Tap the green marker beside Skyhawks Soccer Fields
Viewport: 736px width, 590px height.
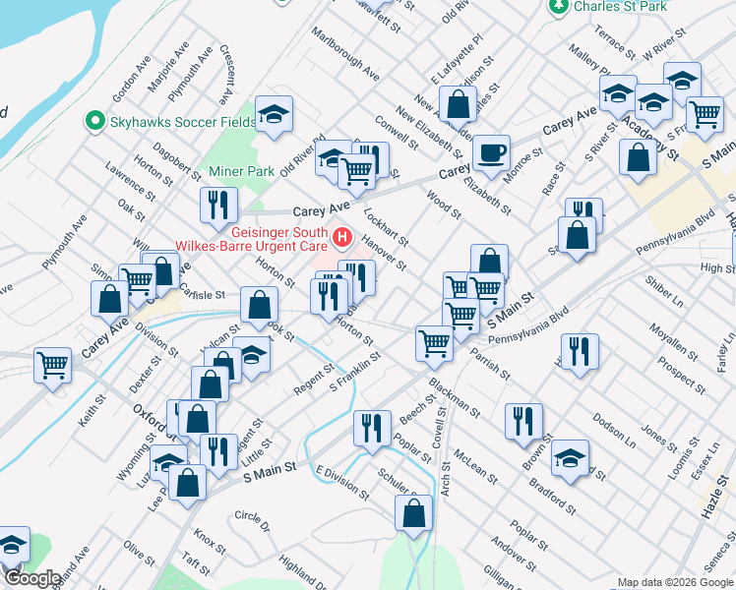tap(95, 121)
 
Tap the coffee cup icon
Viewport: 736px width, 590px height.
tap(490, 153)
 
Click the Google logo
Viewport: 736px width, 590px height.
tap(31, 578)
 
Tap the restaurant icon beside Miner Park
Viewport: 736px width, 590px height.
tap(217, 204)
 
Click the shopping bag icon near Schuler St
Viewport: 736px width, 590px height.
tap(413, 511)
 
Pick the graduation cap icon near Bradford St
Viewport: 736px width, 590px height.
tap(570, 458)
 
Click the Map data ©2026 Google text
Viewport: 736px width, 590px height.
tap(674, 582)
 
